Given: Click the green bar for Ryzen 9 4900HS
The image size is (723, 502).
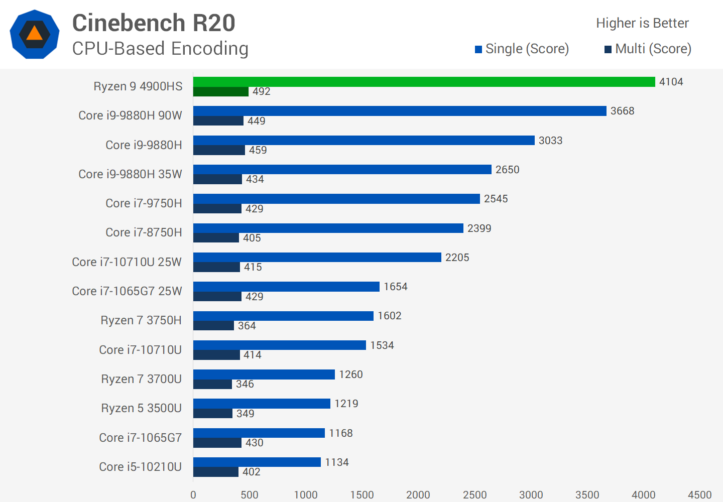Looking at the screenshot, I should coord(424,82).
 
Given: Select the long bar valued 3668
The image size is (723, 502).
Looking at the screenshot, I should coord(400,111).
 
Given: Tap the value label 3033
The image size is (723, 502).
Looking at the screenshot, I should coord(550,141).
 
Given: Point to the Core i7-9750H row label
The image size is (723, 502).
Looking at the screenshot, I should coord(144,203).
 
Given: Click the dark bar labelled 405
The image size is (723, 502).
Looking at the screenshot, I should coord(216,238).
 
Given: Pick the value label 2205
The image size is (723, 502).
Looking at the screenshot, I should coord(457,258).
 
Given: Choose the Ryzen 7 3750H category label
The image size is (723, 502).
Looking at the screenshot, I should coord(141,320).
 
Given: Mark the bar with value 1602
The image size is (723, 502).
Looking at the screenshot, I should coord(283,316).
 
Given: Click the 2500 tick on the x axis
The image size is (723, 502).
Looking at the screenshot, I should coord(474,495).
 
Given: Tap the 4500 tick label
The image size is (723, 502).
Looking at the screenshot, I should coord(699,495).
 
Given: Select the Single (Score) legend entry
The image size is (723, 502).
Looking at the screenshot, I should coord(522,49).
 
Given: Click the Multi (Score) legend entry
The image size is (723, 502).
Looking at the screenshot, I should coord(648,49).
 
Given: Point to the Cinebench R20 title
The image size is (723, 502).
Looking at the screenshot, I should coord(154,23).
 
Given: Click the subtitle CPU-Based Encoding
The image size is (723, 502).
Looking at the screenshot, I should coord(160,49).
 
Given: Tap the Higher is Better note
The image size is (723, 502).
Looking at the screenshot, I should coord(642,23).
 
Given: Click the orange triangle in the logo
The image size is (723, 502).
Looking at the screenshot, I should coord(34,34).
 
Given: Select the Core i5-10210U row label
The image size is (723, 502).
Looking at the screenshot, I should coord(140,467).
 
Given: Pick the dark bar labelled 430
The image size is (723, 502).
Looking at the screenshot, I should coord(217,443).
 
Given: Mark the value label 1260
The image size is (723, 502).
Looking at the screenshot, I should coord(350,374).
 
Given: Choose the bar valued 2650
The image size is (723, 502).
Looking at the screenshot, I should coord(342,170).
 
